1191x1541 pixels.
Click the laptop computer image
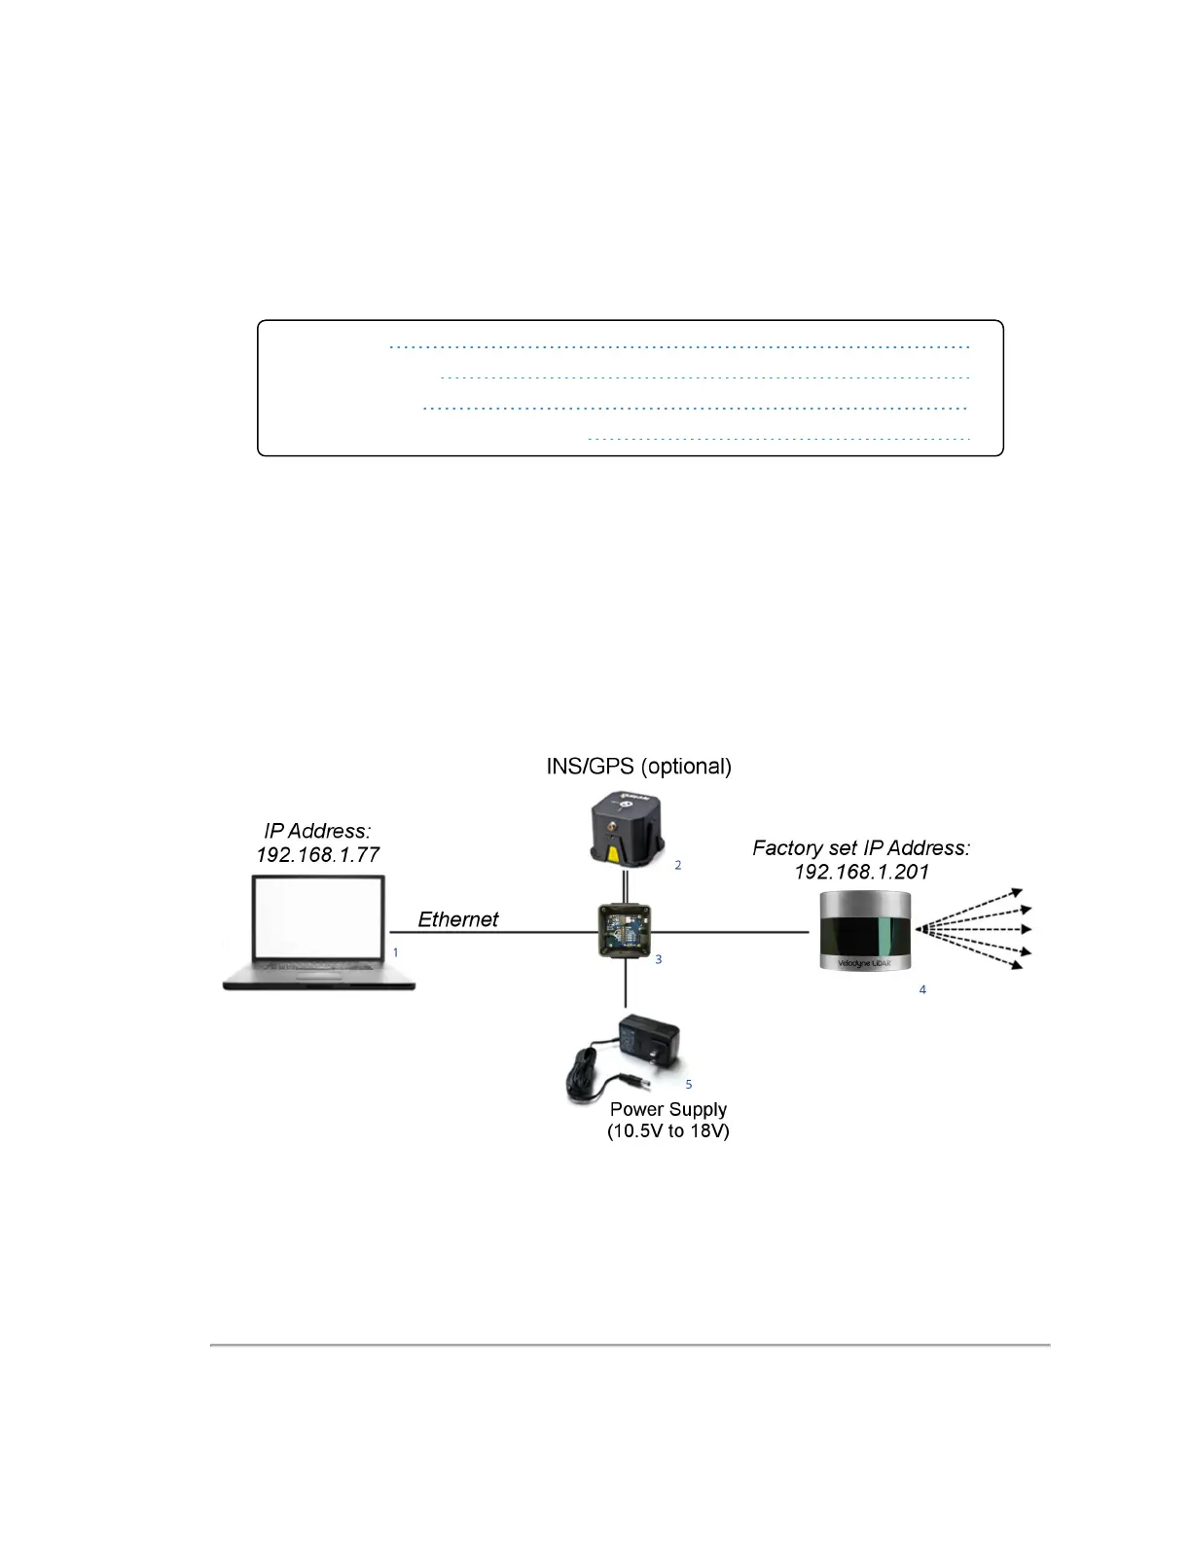[319, 932]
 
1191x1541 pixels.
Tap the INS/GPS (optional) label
[638, 767]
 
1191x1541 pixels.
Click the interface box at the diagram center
[624, 931]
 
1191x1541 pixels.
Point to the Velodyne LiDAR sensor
[864, 931]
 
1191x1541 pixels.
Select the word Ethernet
[457, 919]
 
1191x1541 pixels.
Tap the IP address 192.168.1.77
[317, 855]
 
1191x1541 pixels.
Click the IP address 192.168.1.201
[861, 872]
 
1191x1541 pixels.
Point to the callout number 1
[395, 952]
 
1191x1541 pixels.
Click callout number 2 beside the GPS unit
[678, 865]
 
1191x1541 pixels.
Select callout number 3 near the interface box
[659, 959]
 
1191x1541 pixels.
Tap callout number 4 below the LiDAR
[922, 989]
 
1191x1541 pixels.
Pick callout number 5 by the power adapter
[689, 1084]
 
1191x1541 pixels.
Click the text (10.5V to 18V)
[668, 1131]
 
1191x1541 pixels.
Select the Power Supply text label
[668, 1109]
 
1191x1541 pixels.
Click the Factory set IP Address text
[861, 848]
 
